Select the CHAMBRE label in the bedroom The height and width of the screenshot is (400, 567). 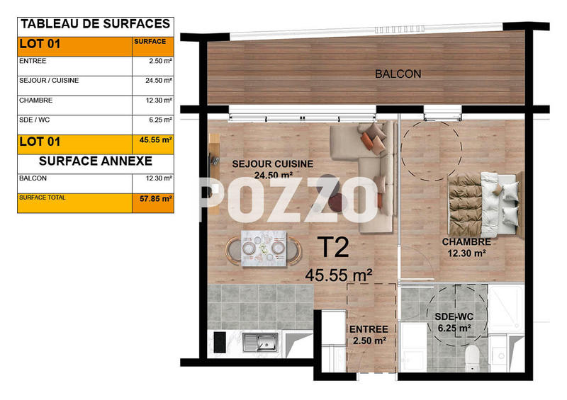pyautogui.click(x=465, y=241)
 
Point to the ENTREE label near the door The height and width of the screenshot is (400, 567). pyautogui.click(x=368, y=329)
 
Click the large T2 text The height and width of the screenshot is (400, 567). pyautogui.click(x=332, y=248)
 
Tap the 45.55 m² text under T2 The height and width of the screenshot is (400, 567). pyautogui.click(x=339, y=274)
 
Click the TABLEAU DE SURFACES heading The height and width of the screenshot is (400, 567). pyautogui.click(x=95, y=24)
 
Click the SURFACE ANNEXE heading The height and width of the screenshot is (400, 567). pyautogui.click(x=95, y=161)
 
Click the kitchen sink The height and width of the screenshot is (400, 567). pyautogui.click(x=259, y=342)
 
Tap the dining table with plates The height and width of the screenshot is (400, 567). pyautogui.click(x=263, y=249)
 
